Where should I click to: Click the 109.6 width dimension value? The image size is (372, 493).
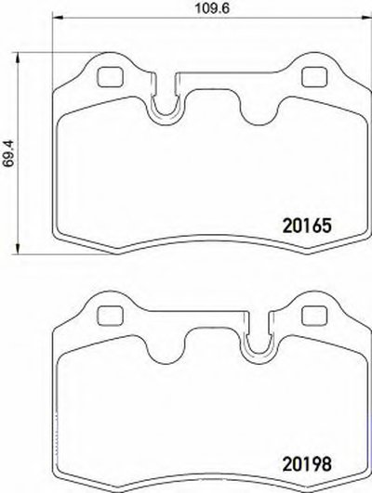212,7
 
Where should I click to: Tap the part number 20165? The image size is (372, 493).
307,226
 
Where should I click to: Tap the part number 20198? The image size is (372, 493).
307,464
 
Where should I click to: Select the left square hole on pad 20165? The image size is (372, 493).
110,77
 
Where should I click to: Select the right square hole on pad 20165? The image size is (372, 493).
314,77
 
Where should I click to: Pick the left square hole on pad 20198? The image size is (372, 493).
110,316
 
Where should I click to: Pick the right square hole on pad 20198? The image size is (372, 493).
314,316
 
